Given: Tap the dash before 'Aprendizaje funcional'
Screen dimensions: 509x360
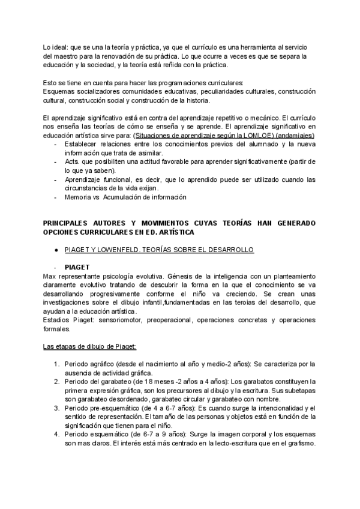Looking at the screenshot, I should pyautogui.click(x=56, y=179).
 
